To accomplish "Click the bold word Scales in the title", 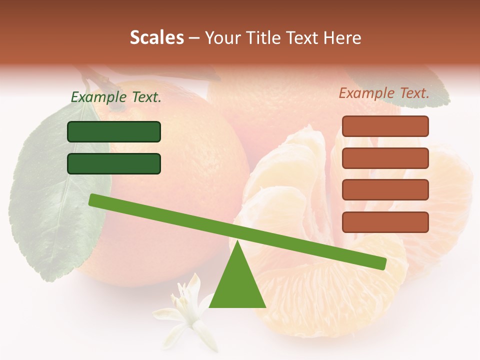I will pos(156,38).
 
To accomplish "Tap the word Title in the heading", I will pos(265,38).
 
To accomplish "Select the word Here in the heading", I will pos(341,38).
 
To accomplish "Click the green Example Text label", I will pos(116,97).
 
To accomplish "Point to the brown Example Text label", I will pos(384,93).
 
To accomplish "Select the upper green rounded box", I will pos(114,131).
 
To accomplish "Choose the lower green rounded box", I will pos(114,163).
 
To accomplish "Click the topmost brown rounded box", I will pos(385,126).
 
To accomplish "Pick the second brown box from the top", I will pos(385,158).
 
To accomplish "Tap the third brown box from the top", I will pos(385,190).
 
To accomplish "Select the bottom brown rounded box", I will pos(385,222).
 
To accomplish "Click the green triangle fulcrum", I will pos(237,285).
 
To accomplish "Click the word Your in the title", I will pos(223,38).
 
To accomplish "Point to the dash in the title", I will pos(194,38).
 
